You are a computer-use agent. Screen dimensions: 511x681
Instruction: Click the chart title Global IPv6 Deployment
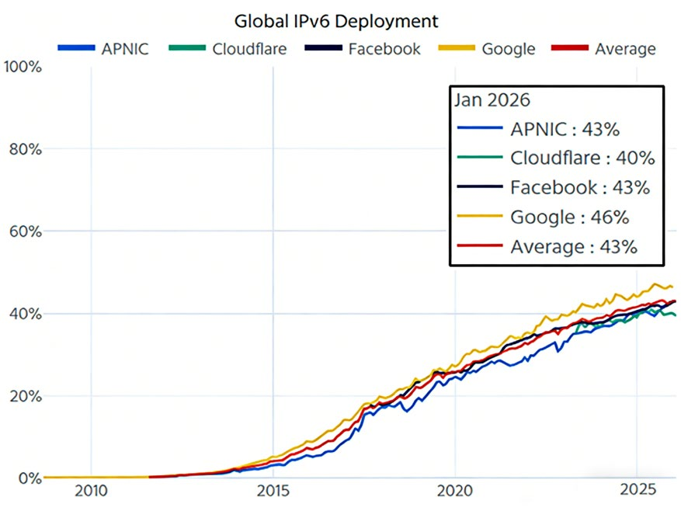coord(336,20)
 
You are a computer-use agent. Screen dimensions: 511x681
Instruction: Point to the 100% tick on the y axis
coord(23,68)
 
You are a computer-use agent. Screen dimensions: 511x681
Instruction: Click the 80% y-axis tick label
coord(26,149)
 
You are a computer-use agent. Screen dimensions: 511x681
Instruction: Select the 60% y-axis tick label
coord(26,231)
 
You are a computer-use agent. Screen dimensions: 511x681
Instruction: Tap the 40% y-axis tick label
coord(26,314)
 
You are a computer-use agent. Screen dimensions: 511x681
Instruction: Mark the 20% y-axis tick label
coord(26,396)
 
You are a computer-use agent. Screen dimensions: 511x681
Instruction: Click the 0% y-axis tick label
coord(30,478)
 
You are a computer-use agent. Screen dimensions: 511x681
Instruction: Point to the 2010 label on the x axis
coord(91,492)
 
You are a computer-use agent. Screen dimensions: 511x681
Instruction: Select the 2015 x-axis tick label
coord(273,492)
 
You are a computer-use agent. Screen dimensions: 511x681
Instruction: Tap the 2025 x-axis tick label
coord(636,492)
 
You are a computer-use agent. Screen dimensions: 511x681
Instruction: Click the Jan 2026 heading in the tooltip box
coord(493,101)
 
